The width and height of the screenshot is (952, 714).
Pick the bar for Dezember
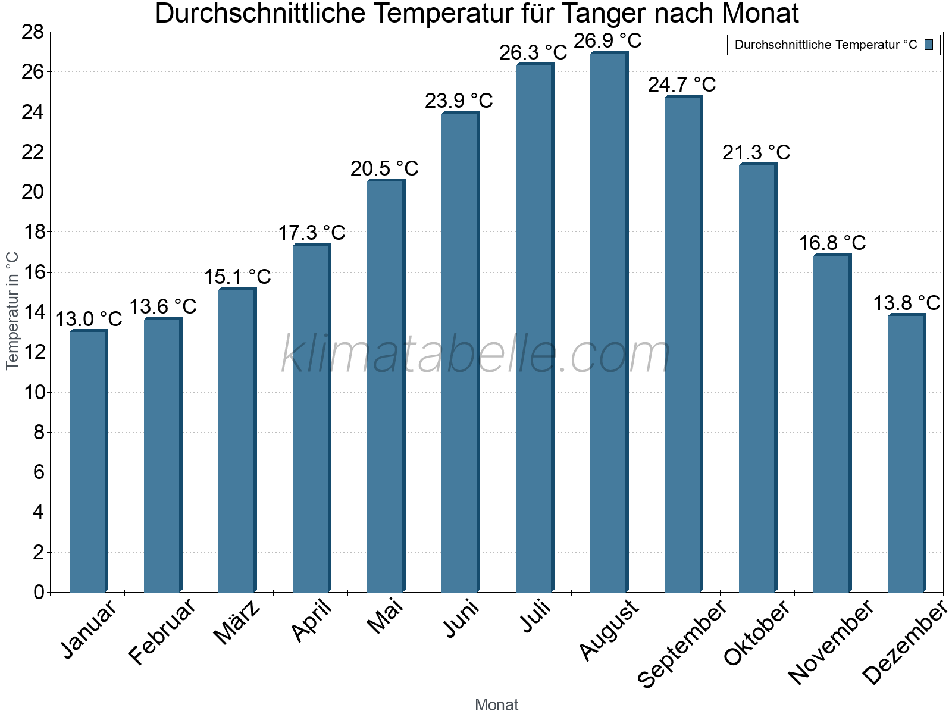point(906,453)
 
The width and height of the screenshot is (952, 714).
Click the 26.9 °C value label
point(607,40)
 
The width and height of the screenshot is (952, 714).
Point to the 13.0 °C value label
point(89,319)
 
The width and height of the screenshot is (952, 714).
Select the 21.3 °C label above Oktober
point(756,152)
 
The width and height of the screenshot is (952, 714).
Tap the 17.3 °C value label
point(312,232)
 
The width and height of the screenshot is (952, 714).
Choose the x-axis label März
point(237,622)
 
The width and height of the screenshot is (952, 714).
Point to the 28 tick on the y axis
point(33,32)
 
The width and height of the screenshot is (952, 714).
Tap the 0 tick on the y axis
point(39,592)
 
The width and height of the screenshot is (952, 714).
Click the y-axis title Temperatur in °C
point(12,311)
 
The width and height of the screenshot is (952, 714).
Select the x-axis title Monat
point(497,704)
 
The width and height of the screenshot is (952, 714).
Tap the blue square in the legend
point(929,45)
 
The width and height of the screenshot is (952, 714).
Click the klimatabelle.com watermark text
point(476,355)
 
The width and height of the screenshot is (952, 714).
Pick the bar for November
point(832,423)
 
